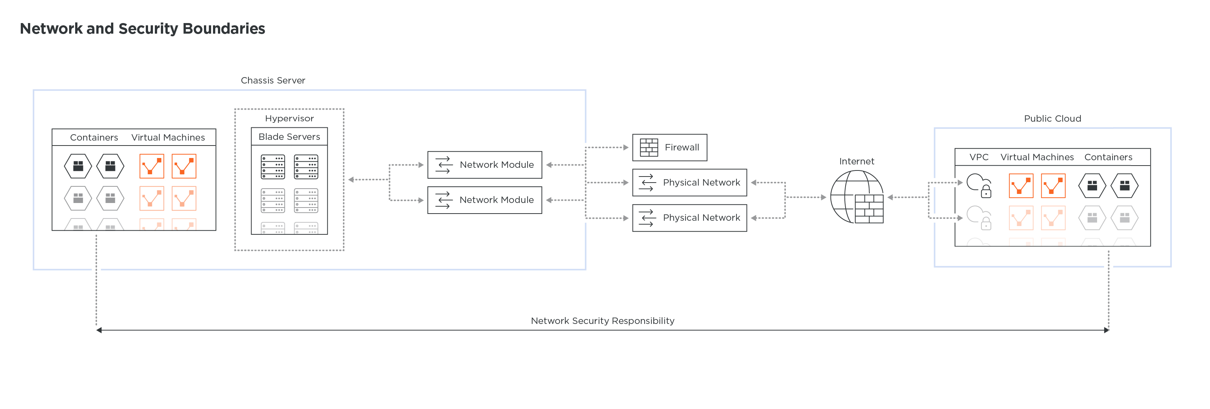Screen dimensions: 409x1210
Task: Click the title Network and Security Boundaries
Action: click(142, 29)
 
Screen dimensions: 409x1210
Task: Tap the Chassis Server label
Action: click(273, 81)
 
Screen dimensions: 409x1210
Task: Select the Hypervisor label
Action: click(289, 118)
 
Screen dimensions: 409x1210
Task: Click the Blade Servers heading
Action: click(289, 137)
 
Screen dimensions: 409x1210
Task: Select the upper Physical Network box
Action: click(689, 183)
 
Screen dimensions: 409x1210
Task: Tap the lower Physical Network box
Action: click(689, 218)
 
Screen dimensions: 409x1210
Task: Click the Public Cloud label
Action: click(1052, 118)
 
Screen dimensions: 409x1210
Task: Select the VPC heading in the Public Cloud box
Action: click(978, 157)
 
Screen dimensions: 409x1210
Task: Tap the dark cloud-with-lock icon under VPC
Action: click(979, 185)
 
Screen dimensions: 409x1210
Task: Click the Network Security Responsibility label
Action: click(602, 321)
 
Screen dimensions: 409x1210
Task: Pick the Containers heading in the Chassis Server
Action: click(94, 137)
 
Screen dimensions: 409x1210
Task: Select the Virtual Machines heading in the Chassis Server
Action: click(168, 137)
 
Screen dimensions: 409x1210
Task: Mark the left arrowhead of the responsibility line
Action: click(99, 330)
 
